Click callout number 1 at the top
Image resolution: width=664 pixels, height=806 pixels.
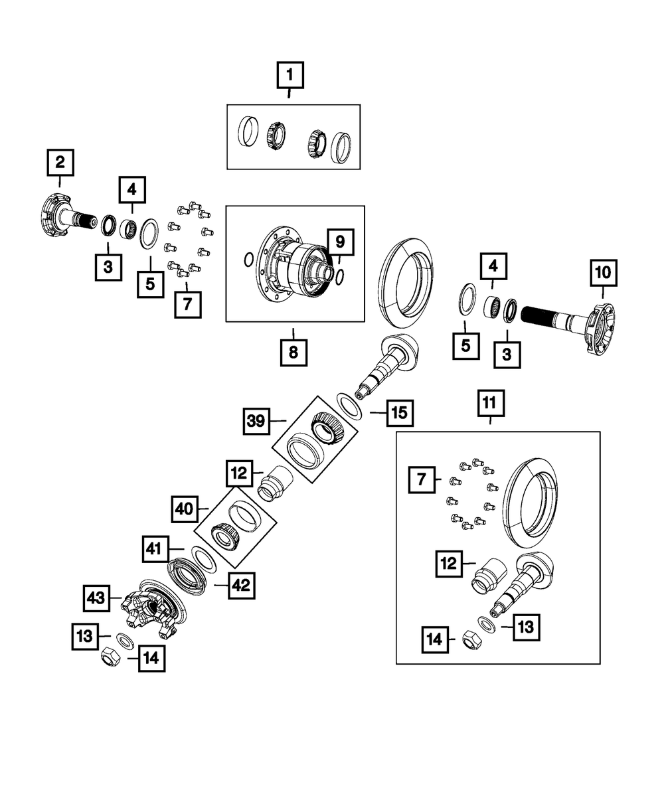click(x=289, y=76)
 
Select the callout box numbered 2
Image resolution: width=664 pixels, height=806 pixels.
click(x=60, y=161)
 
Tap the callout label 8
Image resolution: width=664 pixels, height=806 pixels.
click(x=293, y=353)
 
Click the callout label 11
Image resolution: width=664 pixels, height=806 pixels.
click(x=489, y=402)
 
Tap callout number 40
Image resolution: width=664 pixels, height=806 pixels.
click(x=185, y=510)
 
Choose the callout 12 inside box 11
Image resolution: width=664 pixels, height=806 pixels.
click(x=450, y=563)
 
